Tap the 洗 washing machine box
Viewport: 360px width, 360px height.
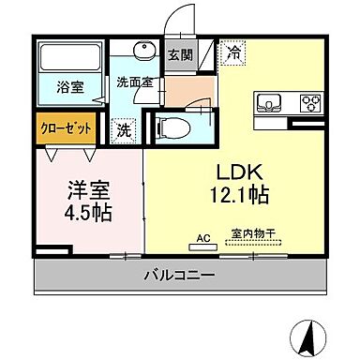124,131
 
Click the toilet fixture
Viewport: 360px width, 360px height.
173,126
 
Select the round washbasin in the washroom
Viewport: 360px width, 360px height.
142,52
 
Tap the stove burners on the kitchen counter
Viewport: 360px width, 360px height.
309,101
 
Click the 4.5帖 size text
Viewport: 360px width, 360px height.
90,212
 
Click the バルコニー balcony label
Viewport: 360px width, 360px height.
180,276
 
